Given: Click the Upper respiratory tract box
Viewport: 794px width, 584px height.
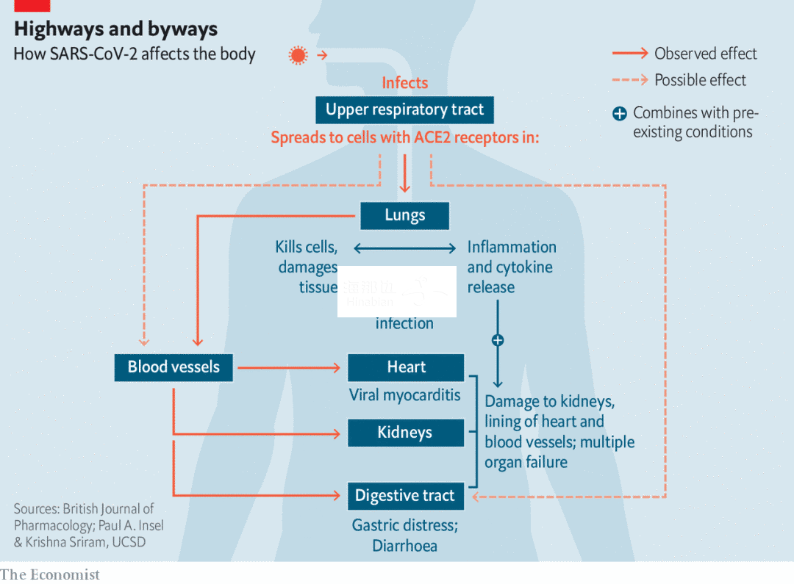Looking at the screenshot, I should point(404,110).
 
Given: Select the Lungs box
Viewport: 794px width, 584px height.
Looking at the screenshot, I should point(404,215).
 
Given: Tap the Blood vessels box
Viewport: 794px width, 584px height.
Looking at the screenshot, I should point(174,367).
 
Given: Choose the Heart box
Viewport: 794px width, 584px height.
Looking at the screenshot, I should point(406,367).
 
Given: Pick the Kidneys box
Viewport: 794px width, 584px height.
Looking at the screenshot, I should point(405,433).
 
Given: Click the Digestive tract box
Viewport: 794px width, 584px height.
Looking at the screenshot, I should point(405,496).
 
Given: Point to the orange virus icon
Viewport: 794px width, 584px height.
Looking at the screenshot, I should point(298,54).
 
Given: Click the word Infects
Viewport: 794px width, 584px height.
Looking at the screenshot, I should point(404,82).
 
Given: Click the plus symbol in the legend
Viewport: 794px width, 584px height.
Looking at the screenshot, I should point(620,114).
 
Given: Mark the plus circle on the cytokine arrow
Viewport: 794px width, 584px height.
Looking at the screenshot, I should point(498,340).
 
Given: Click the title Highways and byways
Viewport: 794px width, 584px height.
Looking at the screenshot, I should point(115,29).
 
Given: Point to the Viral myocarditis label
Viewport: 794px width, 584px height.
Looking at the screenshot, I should point(405,395).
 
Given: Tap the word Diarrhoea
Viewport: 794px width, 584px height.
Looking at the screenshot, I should point(404,546).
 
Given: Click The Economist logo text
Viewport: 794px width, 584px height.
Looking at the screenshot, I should point(50,574).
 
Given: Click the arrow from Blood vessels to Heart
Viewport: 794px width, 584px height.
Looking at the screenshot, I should point(290,367).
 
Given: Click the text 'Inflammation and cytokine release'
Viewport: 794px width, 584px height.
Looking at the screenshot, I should point(511,267).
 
